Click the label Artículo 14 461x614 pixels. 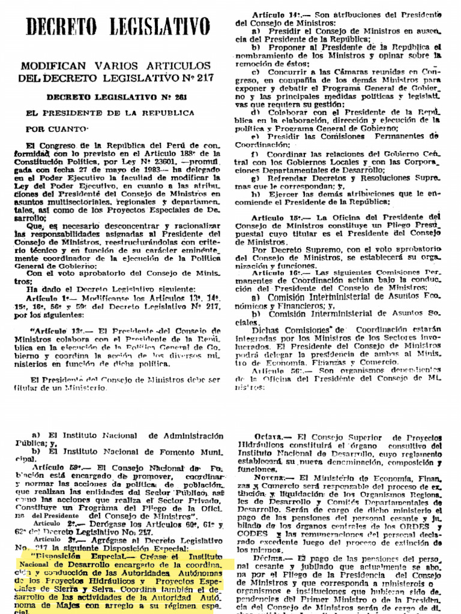[276, 14]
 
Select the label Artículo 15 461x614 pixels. [276, 216]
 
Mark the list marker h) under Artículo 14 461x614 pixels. [256, 194]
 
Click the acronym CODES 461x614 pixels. [253, 533]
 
